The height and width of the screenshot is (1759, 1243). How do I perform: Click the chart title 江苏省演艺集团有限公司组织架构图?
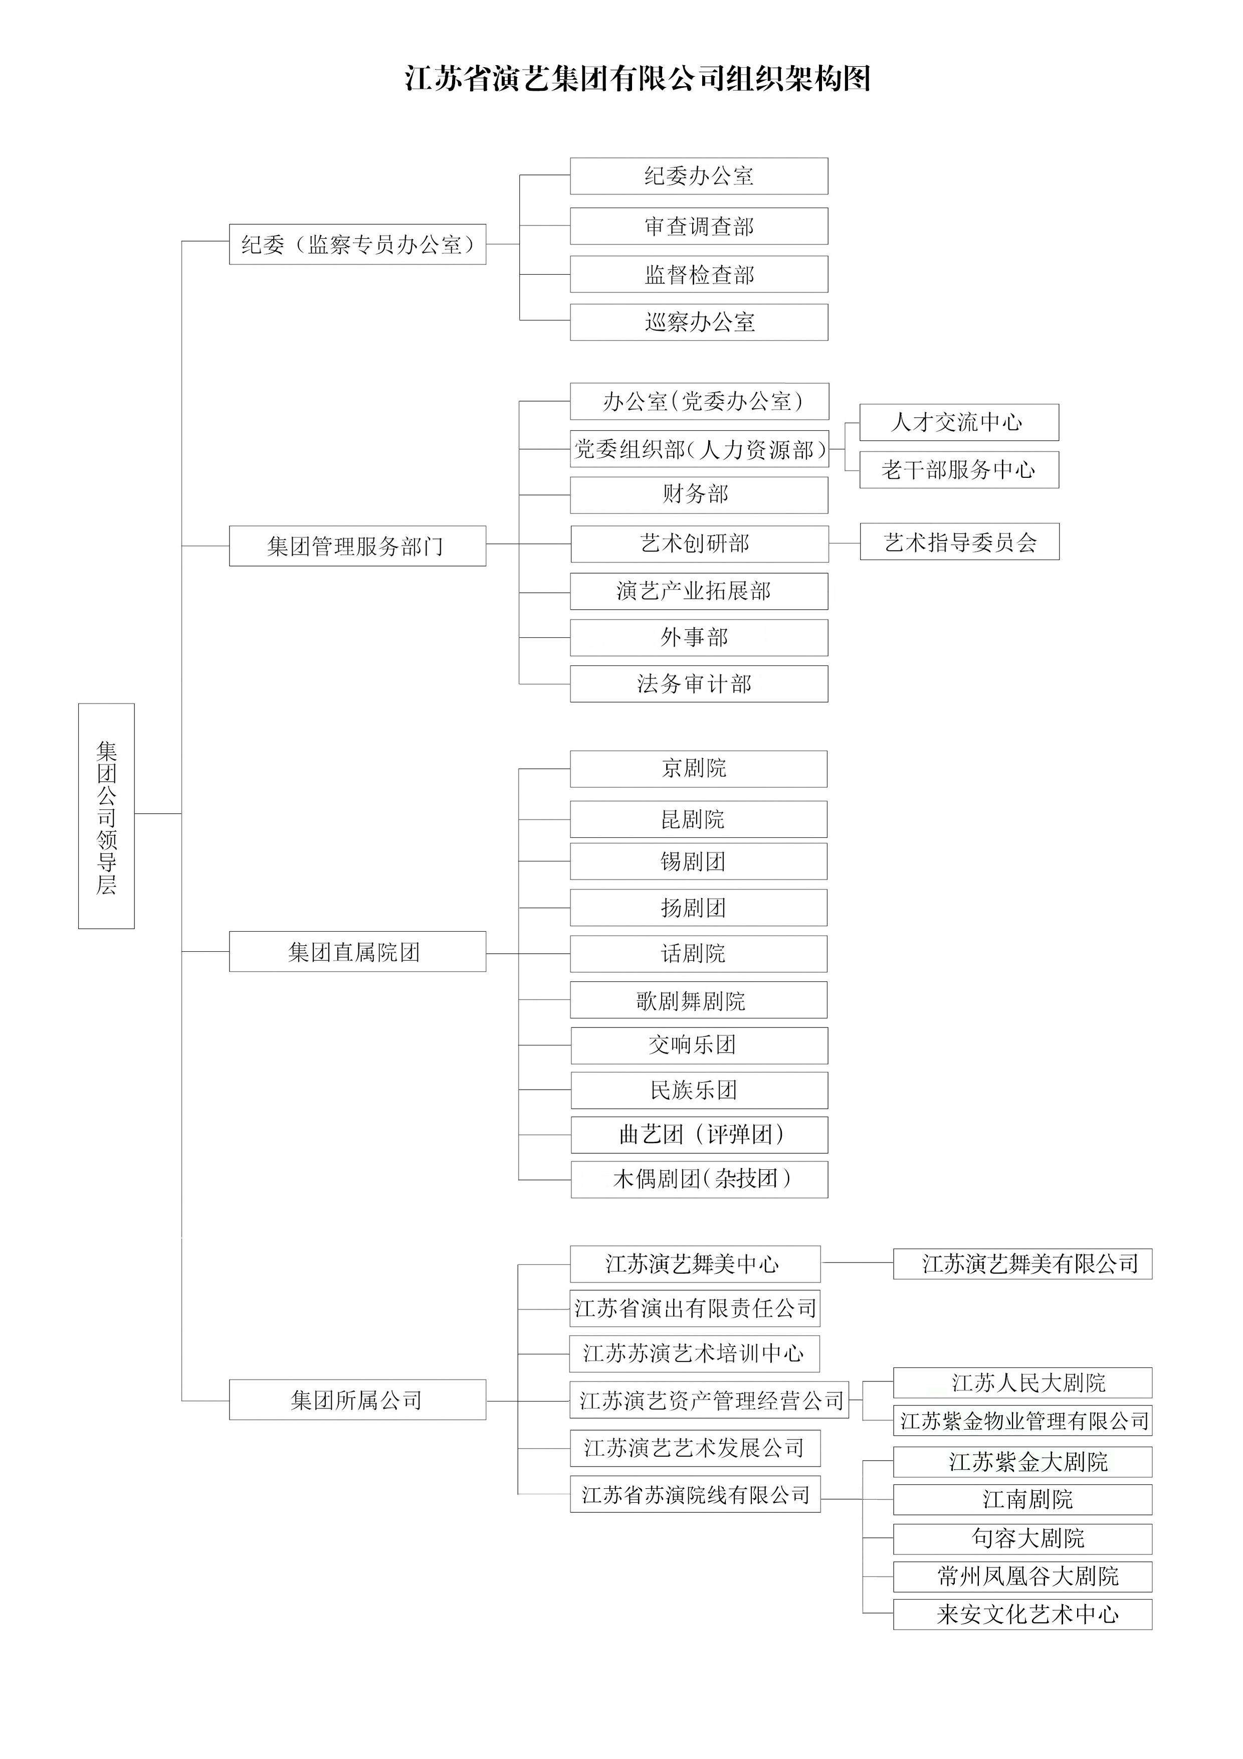pyautogui.click(x=638, y=79)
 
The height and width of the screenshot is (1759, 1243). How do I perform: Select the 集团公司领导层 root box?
pyautogui.click(x=106, y=816)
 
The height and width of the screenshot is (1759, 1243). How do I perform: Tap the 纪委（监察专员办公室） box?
pyautogui.click(x=358, y=244)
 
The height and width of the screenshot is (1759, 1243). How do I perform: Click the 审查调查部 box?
pyautogui.click(x=699, y=226)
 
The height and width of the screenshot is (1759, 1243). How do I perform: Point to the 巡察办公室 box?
pyautogui.click(x=699, y=322)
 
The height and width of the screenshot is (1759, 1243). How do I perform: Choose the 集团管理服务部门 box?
pyautogui.click(x=358, y=546)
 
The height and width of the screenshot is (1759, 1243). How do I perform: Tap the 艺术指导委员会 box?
pyautogui.click(x=960, y=542)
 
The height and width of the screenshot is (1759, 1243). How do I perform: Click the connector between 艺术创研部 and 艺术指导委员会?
pyautogui.click(x=844, y=543)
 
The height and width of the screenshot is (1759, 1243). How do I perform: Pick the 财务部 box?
pyautogui.click(x=699, y=495)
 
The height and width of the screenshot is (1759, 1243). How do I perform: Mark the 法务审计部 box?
pyautogui.click(x=699, y=683)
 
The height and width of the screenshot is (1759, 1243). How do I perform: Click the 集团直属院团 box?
pyautogui.click(x=358, y=952)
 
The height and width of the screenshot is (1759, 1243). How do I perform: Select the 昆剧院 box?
pyautogui.click(x=699, y=819)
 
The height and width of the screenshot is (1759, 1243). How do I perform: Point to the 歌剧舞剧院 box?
pyautogui.click(x=699, y=1000)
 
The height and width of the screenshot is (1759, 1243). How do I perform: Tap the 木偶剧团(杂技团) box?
pyautogui.click(x=699, y=1179)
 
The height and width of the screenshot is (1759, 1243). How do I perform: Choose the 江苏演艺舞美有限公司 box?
pyautogui.click(x=1022, y=1264)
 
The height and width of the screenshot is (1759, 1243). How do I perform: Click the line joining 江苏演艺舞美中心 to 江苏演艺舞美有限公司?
pyautogui.click(x=857, y=1263)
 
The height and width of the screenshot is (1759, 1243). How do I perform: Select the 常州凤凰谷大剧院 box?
pyautogui.click(x=1022, y=1576)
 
